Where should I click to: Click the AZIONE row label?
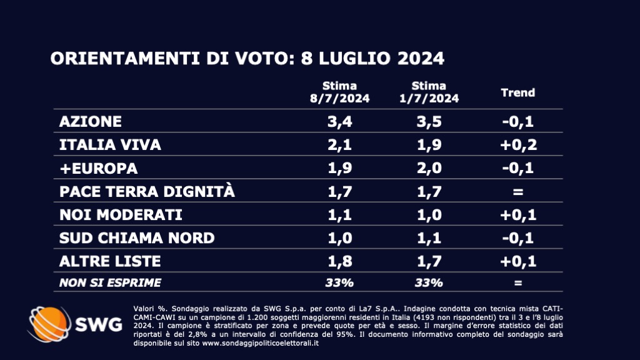[90, 121]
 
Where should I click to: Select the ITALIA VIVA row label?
[110, 145]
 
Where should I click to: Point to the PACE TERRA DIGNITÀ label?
[147, 192]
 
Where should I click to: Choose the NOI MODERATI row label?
[120, 215]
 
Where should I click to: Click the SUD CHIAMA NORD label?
[136, 238]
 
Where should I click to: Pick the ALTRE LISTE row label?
[110, 261]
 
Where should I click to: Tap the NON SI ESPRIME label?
[109, 282]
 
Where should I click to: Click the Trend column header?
[518, 92]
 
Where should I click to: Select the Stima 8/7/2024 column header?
[339, 92]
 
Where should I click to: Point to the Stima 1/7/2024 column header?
[429, 92]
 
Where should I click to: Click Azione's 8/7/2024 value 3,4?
[339, 121]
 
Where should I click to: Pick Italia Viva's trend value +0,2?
[518, 145]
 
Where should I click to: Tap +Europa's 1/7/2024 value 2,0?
[429, 169]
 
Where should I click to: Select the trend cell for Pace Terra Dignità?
[518, 192]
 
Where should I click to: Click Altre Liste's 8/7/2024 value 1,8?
[339, 261]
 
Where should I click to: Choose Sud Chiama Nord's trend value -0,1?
[518, 238]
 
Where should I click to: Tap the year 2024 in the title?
[419, 59]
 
